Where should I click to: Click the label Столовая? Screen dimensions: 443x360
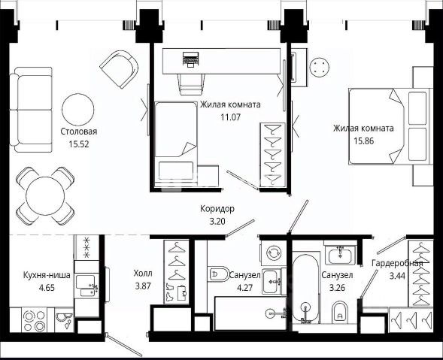click(x=79, y=132)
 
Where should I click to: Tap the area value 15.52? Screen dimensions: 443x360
click(x=79, y=144)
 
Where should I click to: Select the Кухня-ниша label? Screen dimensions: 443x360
click(x=47, y=275)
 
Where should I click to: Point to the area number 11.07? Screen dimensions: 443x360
click(x=231, y=117)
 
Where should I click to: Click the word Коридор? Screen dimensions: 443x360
click(x=217, y=209)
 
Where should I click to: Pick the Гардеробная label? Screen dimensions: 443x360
click(x=397, y=264)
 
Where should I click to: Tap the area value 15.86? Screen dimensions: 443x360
click(x=364, y=141)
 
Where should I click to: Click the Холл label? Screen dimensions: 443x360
click(x=143, y=274)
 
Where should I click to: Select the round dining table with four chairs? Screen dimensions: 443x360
click(x=45, y=196)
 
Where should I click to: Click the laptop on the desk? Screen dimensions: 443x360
click(x=191, y=59)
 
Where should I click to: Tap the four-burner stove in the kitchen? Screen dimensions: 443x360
click(x=35, y=321)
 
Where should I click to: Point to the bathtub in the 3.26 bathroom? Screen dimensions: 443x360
click(x=305, y=289)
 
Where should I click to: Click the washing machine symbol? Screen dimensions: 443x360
click(x=273, y=252)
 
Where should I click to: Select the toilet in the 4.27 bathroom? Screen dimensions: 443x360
click(x=218, y=274)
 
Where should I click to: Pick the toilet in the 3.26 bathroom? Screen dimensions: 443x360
click(x=340, y=313)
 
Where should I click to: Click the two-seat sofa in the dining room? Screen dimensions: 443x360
click(x=31, y=110)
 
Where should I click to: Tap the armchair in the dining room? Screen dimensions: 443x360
click(x=120, y=69)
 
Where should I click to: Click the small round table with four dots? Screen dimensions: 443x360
click(x=320, y=67)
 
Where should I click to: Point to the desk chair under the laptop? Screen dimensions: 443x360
click(x=191, y=84)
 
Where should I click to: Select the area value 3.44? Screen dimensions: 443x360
click(x=398, y=276)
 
